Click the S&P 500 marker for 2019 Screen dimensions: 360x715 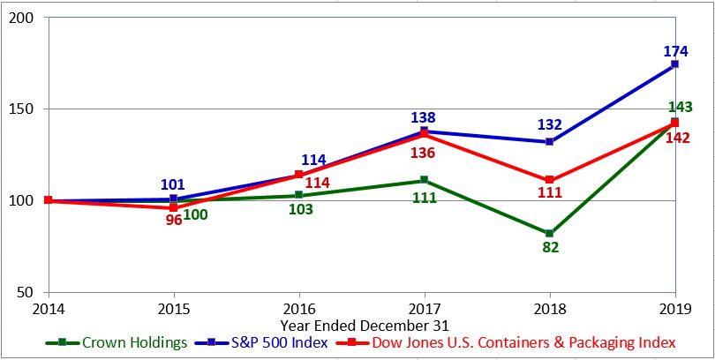[x=675, y=64]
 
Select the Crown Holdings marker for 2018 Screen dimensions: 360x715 [x=550, y=233]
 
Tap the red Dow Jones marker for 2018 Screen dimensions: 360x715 [x=550, y=180]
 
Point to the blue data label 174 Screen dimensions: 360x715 [x=675, y=52]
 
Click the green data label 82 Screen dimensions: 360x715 [x=550, y=248]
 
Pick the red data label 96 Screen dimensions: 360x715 [x=173, y=220]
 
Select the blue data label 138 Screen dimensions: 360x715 [x=424, y=117]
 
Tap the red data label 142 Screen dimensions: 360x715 [x=677, y=138]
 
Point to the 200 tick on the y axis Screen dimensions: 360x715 [x=25, y=18]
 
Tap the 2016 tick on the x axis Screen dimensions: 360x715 [x=299, y=309]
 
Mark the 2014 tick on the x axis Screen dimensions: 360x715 [x=48, y=309]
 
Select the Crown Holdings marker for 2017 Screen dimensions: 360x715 [x=425, y=180]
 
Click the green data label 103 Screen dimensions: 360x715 [x=299, y=210]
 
